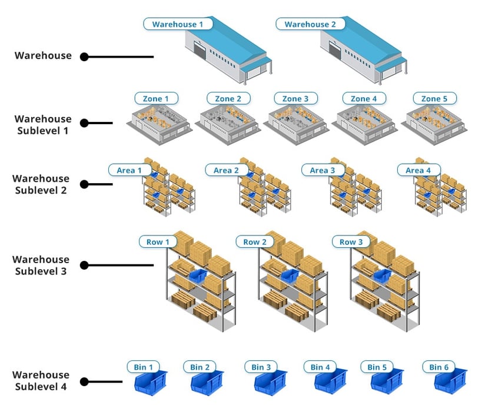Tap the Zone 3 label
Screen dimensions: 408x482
(295, 98)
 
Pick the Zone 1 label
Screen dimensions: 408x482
(156, 98)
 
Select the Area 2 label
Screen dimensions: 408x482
(227, 170)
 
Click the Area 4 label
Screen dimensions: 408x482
(418, 170)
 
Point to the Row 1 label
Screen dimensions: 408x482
(158, 242)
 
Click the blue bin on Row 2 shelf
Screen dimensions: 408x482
(290, 276)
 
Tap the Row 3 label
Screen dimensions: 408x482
(352, 242)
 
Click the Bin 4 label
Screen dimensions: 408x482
(321, 367)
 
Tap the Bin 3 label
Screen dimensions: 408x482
(261, 367)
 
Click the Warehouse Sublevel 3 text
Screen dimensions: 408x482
(41, 265)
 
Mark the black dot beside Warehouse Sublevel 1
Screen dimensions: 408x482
(84, 123)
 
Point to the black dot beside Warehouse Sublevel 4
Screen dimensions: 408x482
(84, 382)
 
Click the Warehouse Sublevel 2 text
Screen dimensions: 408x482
(41, 184)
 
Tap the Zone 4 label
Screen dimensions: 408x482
(364, 98)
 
